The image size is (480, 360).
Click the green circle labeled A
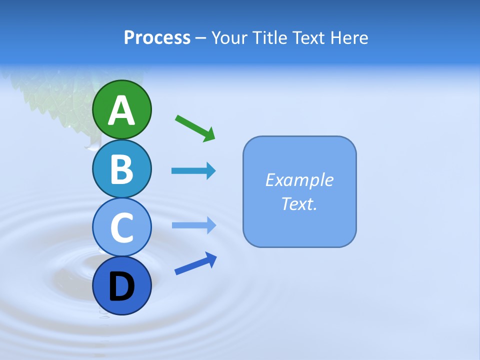121,109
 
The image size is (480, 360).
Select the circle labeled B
121,168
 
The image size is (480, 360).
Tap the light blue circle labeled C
121,227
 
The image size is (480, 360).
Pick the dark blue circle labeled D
121,285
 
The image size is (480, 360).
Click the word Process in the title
157,38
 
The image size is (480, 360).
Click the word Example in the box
299,180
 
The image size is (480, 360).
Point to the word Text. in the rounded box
299,203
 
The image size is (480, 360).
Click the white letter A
121,110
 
